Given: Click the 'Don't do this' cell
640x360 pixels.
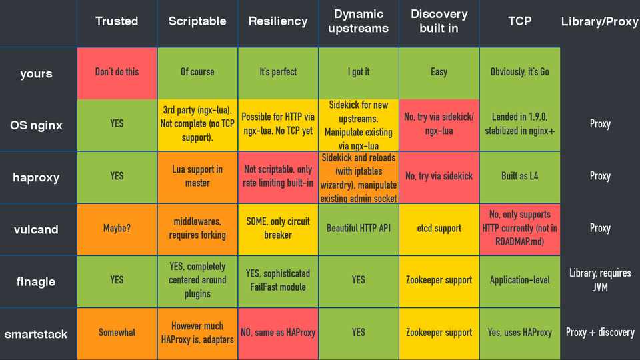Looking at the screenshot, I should coord(117,72).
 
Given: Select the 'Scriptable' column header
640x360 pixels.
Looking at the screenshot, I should coord(197,21).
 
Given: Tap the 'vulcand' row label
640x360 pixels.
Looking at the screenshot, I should coord(36,229).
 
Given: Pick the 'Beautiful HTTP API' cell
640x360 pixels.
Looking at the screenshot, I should coord(359,228).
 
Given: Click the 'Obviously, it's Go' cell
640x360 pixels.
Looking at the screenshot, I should coord(519,72).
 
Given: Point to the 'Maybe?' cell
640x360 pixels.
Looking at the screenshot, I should coord(117,228).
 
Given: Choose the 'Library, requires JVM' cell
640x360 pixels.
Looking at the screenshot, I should coord(600,280).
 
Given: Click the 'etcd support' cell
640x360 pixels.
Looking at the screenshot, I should coord(439,228).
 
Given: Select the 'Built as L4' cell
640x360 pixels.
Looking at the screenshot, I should coord(519,176).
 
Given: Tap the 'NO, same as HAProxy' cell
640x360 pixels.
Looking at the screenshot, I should coord(278,332).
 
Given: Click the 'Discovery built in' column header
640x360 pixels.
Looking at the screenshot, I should coord(439,21).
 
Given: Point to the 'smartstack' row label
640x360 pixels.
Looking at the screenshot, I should coord(36,333).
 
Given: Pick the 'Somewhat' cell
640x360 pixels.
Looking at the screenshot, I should coord(117,332).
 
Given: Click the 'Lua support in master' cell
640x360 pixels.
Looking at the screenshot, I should coord(197,176).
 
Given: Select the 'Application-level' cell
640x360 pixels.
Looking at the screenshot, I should coord(519,280).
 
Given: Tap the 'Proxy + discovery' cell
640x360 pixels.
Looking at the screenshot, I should coord(600,332).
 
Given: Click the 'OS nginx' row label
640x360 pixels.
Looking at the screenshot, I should coord(36,125).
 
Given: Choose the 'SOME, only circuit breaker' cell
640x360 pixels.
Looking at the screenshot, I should coord(278,228).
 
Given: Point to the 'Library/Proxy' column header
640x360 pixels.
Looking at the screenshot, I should coord(600,22).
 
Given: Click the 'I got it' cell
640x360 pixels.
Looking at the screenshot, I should coord(359,72).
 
